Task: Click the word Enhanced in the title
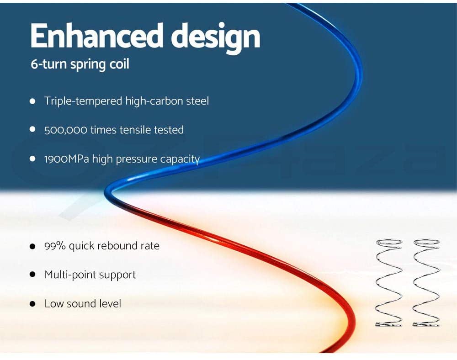(x=96, y=36)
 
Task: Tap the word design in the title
(x=215, y=38)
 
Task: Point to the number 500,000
(x=65, y=130)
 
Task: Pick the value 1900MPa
(x=67, y=159)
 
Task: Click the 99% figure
(x=55, y=245)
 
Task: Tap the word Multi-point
(x=69, y=275)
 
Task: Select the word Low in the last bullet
(x=53, y=303)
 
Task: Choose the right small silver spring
(x=426, y=283)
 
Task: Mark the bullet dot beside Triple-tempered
(x=32, y=101)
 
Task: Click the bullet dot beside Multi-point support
(x=32, y=275)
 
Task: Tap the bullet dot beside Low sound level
(x=32, y=304)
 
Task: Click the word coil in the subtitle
(x=119, y=64)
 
